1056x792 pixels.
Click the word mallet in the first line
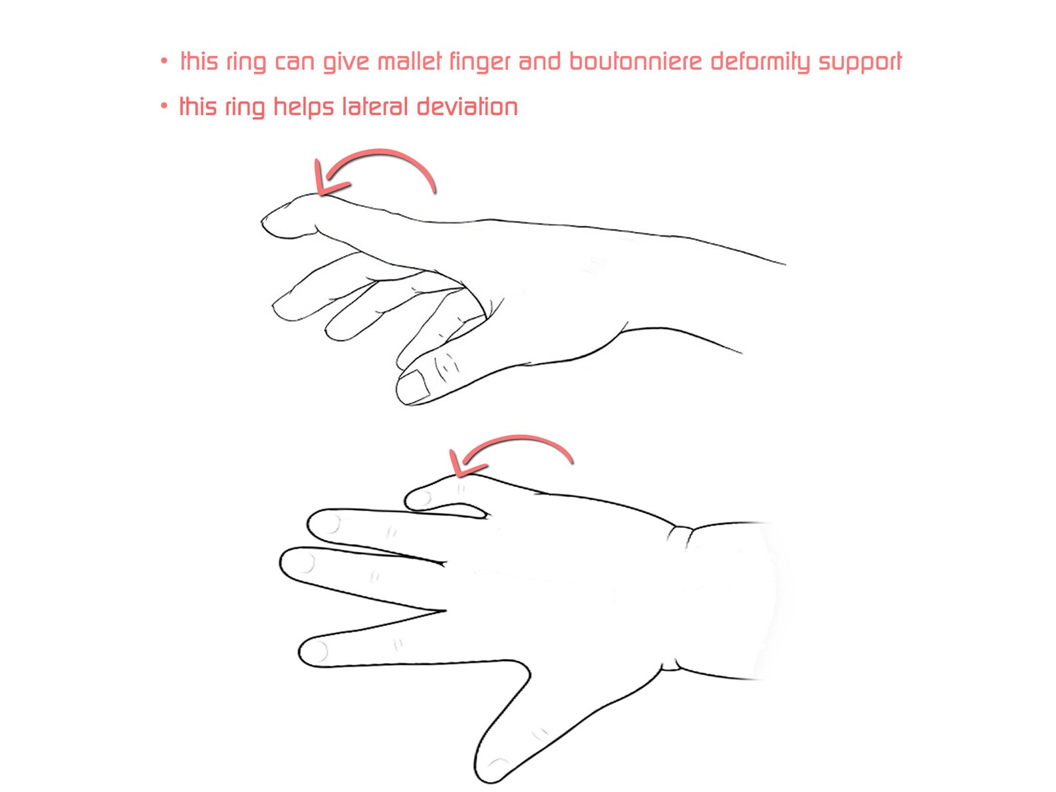coord(409,62)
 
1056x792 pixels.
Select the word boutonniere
coord(635,62)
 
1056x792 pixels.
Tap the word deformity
coord(760,62)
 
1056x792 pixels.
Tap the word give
coord(346,63)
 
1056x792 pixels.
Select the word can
coord(295,63)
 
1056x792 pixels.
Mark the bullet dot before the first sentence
coord(164,62)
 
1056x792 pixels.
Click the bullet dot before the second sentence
coord(164,106)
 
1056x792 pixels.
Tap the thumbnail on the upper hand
coord(415,386)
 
